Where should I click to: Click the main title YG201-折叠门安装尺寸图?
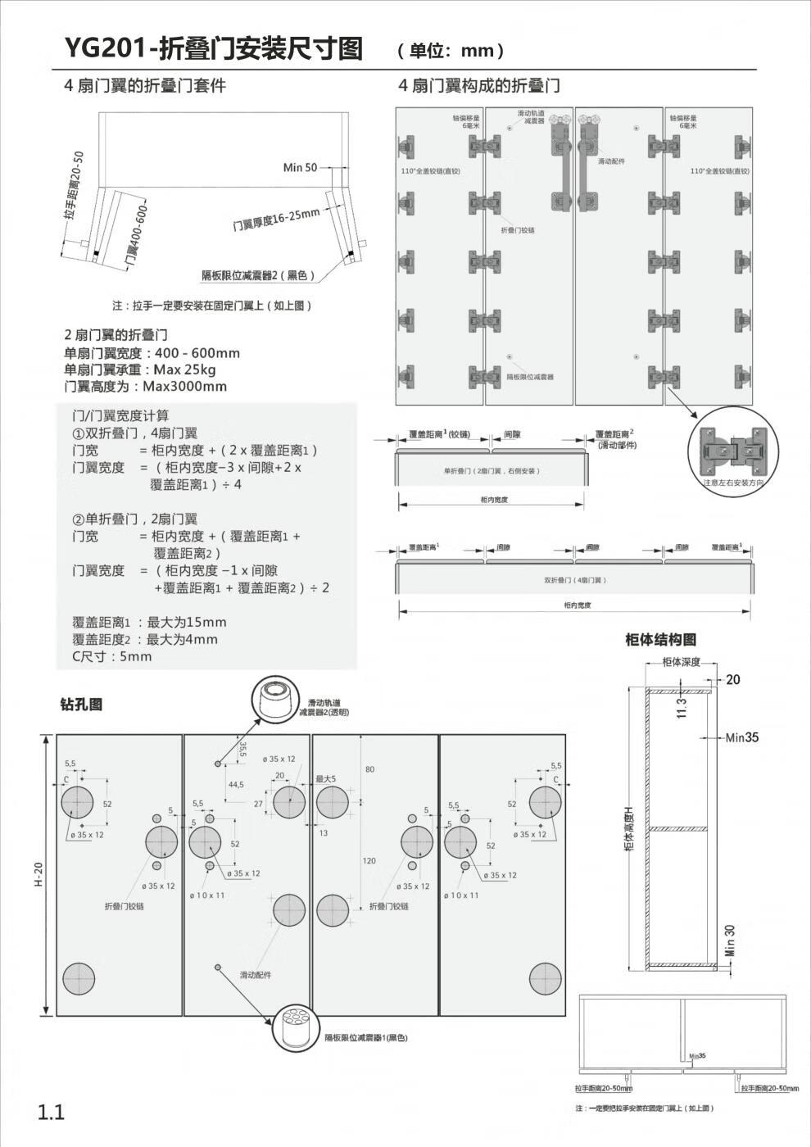214,48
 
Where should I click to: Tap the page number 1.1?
50,1112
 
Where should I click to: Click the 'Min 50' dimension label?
300,168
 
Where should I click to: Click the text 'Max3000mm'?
185,387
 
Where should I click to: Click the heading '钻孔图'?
81,705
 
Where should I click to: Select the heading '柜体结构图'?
660,640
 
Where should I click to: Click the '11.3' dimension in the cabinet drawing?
681,706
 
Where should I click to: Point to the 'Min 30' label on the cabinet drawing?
730,940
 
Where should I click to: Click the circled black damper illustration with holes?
295,1027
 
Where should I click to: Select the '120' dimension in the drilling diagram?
369,861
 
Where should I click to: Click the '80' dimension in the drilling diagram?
369,769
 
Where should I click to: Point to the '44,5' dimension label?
236,785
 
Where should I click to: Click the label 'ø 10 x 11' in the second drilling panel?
207,895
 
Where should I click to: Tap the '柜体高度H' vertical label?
630,828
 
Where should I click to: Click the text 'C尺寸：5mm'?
111,656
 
